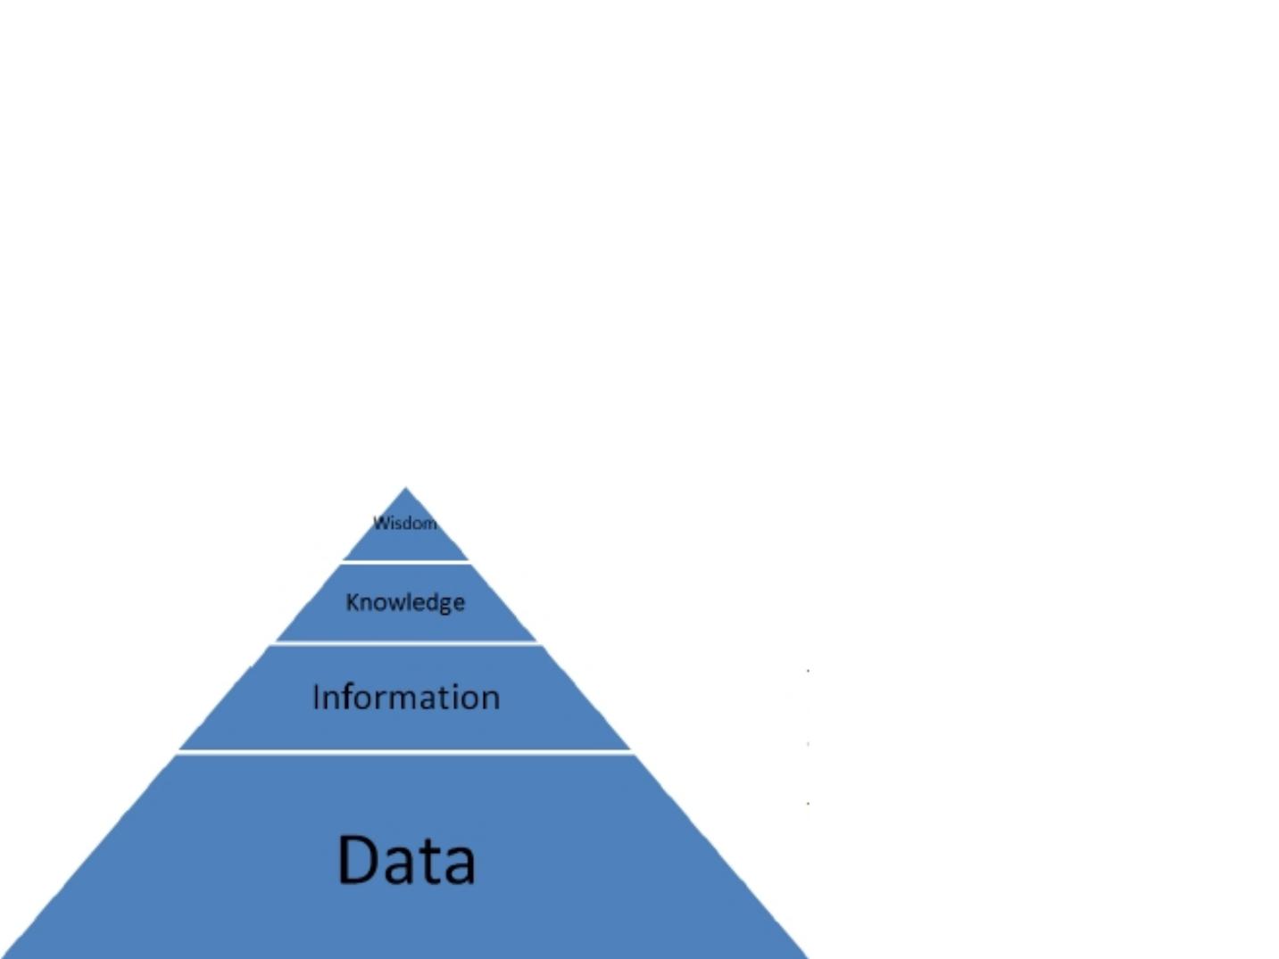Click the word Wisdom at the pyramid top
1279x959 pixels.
point(405,523)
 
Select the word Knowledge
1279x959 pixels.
point(405,602)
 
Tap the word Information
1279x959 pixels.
point(406,697)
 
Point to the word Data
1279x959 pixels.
point(406,859)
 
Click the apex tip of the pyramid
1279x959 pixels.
point(406,489)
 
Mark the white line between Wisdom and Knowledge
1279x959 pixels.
point(405,562)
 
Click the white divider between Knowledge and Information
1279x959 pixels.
point(405,643)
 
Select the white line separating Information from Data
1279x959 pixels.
point(405,752)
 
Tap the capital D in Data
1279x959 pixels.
point(359,859)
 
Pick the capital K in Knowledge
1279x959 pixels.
point(352,602)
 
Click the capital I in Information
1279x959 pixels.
point(316,697)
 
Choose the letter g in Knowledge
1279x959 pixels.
point(444,605)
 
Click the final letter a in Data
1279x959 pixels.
point(459,864)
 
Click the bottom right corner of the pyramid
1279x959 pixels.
point(805,955)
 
